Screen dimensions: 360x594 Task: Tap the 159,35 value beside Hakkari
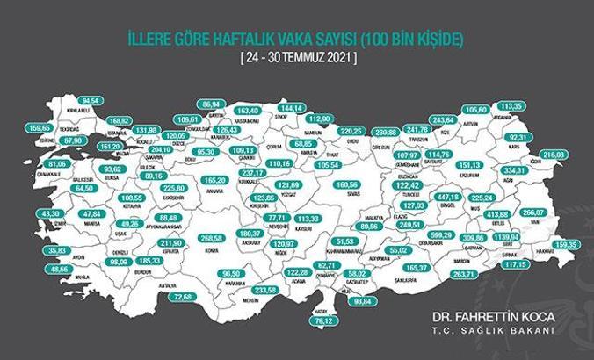[568, 244]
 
